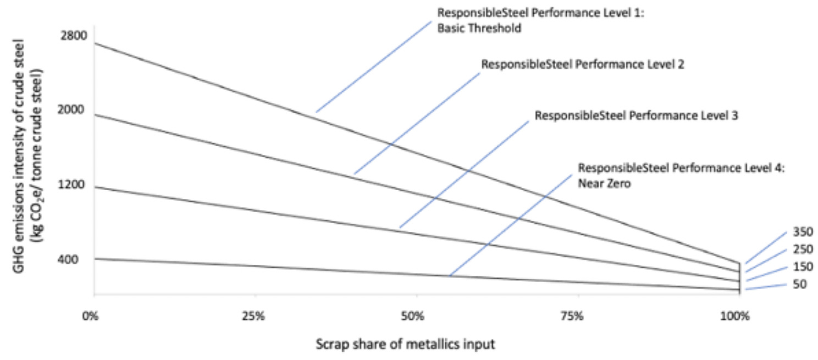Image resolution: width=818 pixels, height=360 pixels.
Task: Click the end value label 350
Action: [803, 231]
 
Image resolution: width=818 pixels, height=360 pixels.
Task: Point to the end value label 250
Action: [803, 249]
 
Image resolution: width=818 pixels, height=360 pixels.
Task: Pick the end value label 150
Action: [803, 267]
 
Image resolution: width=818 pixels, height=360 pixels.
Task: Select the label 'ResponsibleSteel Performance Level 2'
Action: [583, 64]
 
